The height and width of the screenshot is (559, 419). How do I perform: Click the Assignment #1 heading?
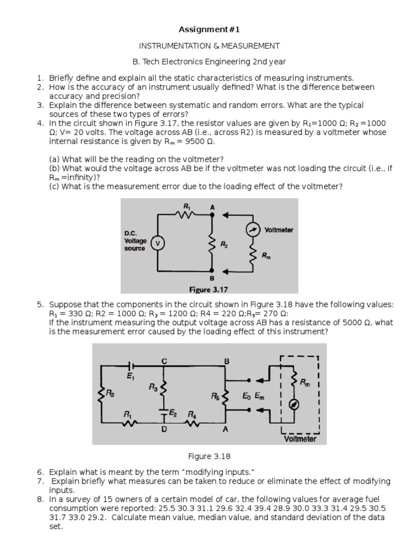(x=209, y=29)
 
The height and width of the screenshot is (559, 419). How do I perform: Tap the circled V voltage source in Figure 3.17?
(x=158, y=242)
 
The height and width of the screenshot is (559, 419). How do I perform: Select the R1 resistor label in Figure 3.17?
(x=187, y=206)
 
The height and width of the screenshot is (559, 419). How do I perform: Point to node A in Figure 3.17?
(x=213, y=207)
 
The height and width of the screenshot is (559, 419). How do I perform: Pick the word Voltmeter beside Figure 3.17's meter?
(x=278, y=230)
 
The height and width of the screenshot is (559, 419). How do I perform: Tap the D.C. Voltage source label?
(x=135, y=241)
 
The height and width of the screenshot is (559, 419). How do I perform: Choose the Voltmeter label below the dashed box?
(x=300, y=438)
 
